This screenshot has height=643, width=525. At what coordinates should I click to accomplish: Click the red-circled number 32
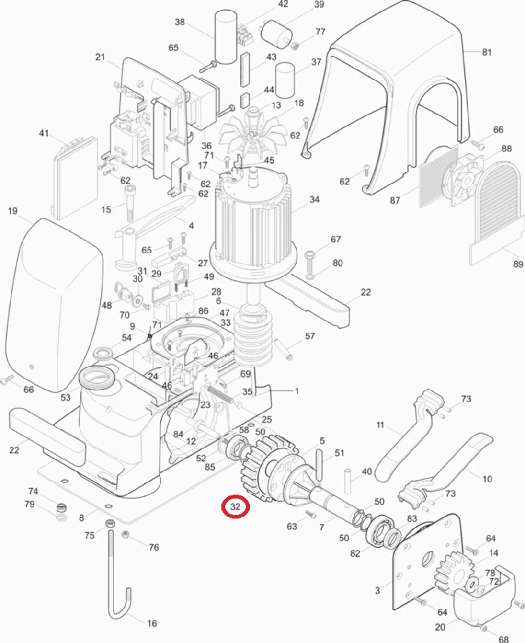click(x=235, y=507)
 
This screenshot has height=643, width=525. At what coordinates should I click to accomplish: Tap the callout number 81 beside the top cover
click(x=487, y=52)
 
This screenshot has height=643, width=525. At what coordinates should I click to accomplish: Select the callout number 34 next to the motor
click(x=314, y=199)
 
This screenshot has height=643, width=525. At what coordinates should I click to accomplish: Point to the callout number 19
click(x=12, y=211)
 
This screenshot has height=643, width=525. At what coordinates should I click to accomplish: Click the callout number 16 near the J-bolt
click(x=152, y=623)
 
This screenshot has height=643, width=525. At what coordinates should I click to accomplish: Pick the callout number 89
click(x=518, y=264)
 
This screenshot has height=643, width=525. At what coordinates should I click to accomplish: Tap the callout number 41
click(x=44, y=133)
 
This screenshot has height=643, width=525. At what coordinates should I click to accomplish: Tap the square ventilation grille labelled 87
click(x=437, y=177)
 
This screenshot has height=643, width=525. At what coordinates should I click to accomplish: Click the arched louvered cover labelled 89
click(x=498, y=206)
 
